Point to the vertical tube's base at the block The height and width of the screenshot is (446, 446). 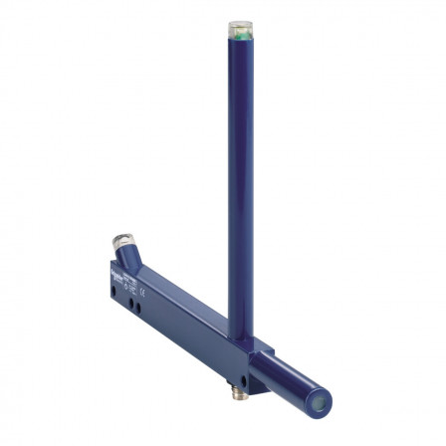tap(247, 336)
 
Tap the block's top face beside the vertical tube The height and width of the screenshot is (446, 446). tap(261, 347)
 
